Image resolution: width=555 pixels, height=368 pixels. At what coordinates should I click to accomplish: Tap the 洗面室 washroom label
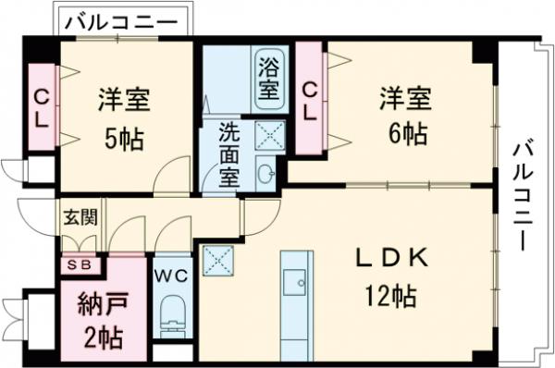pos(228,154)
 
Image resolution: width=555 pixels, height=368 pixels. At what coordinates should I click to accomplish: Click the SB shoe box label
pos(78,264)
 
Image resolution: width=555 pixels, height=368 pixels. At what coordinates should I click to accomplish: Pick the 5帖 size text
pos(123,139)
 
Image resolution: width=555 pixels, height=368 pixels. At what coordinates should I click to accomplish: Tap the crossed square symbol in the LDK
pos(216,260)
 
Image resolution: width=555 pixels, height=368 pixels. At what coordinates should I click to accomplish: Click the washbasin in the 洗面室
pos(267,173)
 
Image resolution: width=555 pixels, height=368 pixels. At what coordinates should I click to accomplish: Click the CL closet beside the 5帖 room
pos(42,107)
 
